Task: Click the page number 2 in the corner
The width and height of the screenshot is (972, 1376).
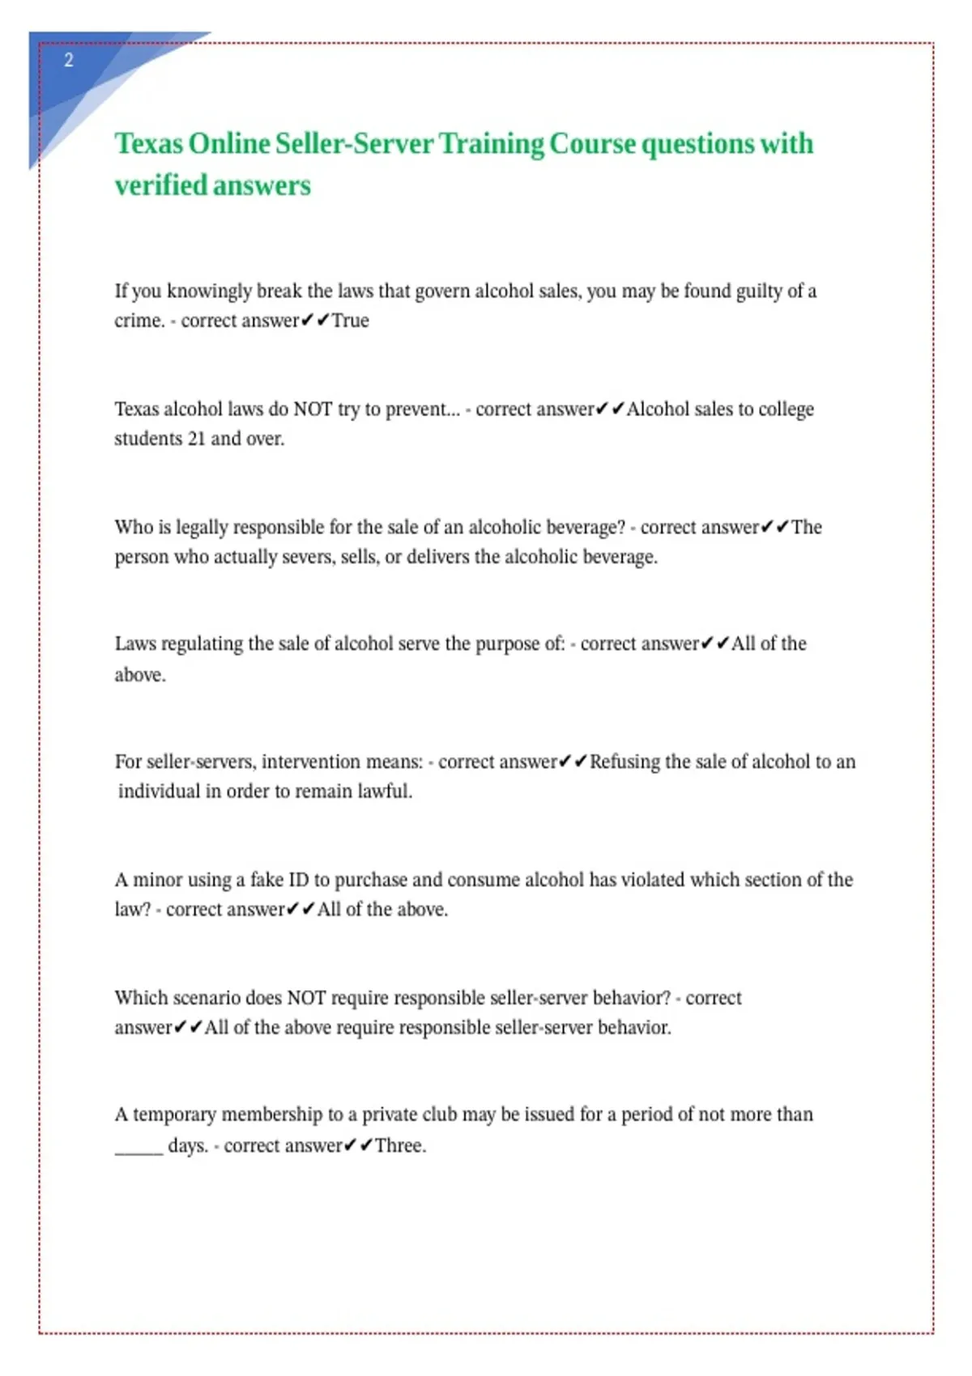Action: click(69, 60)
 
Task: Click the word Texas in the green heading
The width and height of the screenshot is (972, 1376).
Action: click(148, 144)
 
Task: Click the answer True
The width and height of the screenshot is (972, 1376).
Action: click(350, 321)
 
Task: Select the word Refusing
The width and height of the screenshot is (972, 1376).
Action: click(625, 762)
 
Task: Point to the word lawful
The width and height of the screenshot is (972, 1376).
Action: click(385, 791)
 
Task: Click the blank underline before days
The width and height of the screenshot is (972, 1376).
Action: click(139, 1149)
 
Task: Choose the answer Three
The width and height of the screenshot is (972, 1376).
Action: click(399, 1145)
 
